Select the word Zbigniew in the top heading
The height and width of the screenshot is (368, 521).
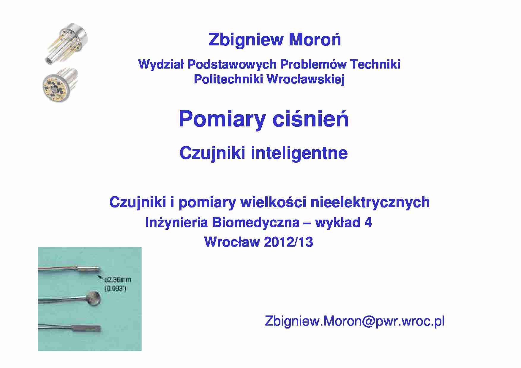click(x=246, y=39)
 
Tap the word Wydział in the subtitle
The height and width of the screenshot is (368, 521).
click(x=161, y=64)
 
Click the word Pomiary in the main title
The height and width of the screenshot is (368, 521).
click(x=222, y=119)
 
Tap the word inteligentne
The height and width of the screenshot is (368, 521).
click(x=299, y=153)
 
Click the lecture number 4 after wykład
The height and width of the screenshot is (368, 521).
click(x=368, y=223)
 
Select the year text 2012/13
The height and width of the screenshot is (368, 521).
click(x=288, y=242)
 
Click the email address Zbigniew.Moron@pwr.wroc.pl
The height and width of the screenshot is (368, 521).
click(x=354, y=321)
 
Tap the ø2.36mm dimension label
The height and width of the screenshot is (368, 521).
click(x=118, y=280)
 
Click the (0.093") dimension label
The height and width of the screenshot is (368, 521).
click(x=116, y=288)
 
